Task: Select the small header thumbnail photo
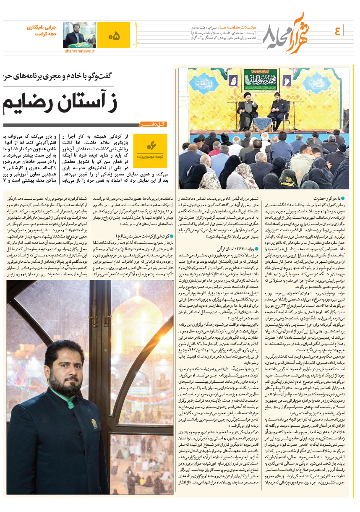click(79, 34)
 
